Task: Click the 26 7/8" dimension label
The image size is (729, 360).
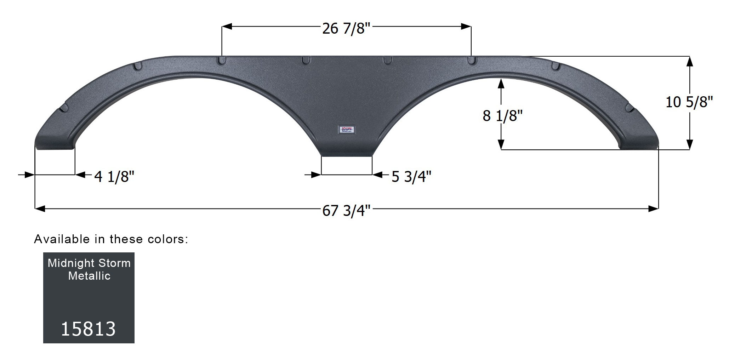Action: click(346, 28)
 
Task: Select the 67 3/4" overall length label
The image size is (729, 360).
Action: click(346, 211)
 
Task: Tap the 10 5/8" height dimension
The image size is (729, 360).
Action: click(689, 102)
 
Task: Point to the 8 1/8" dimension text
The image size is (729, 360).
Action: click(502, 116)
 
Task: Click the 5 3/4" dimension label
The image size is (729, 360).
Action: click(411, 176)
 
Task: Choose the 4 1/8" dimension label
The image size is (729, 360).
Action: click(114, 176)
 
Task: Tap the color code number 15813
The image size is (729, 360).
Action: click(89, 329)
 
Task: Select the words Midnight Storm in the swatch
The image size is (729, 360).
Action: click(89, 263)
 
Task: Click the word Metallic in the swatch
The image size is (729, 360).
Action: click(89, 276)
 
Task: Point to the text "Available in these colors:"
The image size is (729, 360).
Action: click(111, 239)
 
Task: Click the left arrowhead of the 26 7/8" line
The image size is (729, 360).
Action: click(227, 27)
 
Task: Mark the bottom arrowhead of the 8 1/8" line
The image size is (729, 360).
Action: click(501, 144)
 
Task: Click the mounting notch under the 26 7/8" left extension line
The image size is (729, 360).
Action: click(222, 61)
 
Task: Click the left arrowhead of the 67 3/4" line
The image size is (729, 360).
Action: click(40, 209)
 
